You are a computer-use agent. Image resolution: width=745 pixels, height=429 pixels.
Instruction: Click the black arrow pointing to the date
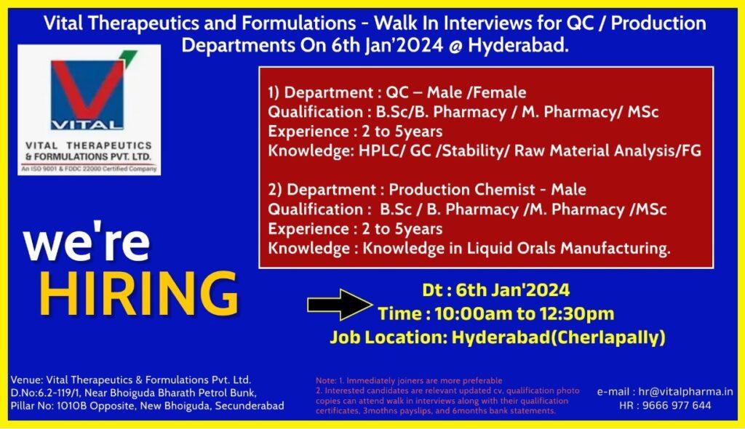tap(340, 305)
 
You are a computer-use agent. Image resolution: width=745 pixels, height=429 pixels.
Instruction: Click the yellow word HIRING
tap(138, 294)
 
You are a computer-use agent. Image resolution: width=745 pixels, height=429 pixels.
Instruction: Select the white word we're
tap(87, 242)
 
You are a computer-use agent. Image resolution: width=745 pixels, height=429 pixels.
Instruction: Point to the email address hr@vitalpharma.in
tap(685, 392)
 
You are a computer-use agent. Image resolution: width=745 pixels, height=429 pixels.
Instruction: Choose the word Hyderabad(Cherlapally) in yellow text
tap(558, 337)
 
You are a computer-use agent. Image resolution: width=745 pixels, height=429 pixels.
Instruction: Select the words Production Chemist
tap(462, 190)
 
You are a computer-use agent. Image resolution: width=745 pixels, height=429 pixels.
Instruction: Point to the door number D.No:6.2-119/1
tap(45, 393)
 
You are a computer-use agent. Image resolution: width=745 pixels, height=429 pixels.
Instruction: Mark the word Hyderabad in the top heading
tap(518, 46)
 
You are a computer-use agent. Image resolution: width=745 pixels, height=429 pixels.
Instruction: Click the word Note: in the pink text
tap(326, 380)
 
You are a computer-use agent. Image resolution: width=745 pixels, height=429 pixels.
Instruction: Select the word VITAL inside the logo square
tap(87, 125)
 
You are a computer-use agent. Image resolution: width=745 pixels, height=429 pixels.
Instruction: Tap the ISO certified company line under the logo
tap(89, 169)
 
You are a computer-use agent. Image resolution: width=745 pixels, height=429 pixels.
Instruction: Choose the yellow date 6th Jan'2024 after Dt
tap(513, 290)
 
